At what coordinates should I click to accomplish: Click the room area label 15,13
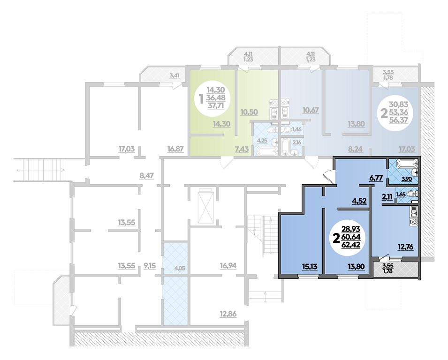tap(310, 266)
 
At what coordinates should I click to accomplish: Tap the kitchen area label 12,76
tap(406, 247)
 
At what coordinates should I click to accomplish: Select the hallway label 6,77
tap(375, 179)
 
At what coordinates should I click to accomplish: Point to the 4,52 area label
tap(359, 201)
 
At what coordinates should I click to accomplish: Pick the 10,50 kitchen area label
tap(249, 112)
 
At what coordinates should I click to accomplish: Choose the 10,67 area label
tap(311, 110)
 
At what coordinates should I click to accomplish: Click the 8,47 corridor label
tap(146, 176)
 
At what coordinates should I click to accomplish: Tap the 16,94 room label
tap(228, 266)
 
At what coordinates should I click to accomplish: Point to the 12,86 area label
tap(228, 315)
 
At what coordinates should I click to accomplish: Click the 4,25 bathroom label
tap(262, 141)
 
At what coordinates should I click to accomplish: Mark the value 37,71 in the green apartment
tap(216, 106)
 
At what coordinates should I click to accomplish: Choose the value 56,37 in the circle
tap(399, 120)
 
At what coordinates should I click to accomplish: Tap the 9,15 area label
tap(150, 266)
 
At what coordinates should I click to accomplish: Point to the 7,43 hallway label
tap(242, 149)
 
